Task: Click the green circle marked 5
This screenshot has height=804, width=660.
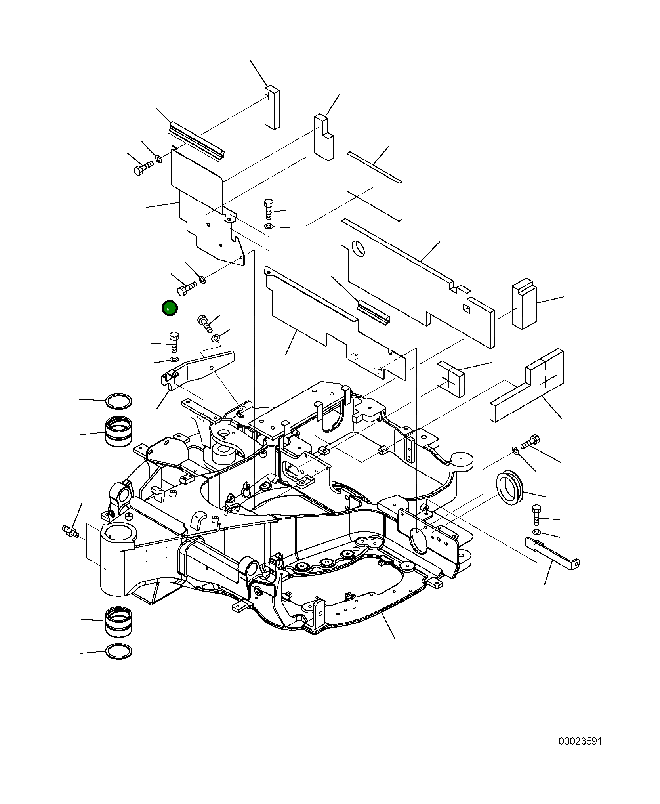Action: coord(170,308)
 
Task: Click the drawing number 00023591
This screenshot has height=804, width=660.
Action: coord(580,741)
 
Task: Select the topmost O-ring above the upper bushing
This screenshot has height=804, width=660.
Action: coord(118,401)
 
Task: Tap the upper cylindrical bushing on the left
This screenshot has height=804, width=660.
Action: coord(118,432)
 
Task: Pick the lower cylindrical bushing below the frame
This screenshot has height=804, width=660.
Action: coord(118,622)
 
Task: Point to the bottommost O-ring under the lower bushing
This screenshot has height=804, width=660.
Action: coord(118,651)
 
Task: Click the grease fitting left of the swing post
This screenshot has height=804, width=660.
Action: coord(71,531)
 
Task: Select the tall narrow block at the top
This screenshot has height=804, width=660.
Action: coord(272,107)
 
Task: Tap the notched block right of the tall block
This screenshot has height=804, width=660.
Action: coord(324,138)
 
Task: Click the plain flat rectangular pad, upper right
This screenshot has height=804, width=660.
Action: coord(374,186)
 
